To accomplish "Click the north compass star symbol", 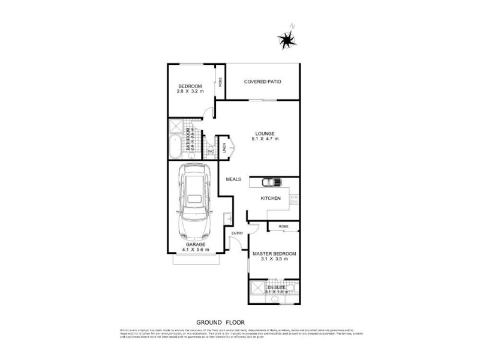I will [x=286, y=40].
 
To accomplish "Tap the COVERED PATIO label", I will [x=263, y=82].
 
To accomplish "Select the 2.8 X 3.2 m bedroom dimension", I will [x=190, y=91].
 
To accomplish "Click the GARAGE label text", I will [x=195, y=245].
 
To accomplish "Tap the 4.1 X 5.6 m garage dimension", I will [x=195, y=250].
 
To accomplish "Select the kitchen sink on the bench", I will [x=272, y=182].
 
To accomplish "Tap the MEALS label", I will [x=233, y=179].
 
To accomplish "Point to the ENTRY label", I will [x=238, y=233].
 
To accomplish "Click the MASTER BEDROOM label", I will [x=274, y=253].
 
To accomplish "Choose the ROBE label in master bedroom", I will [x=283, y=226].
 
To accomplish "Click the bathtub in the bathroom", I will [x=176, y=147].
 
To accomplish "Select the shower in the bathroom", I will [x=176, y=127].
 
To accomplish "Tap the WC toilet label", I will [x=210, y=151].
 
